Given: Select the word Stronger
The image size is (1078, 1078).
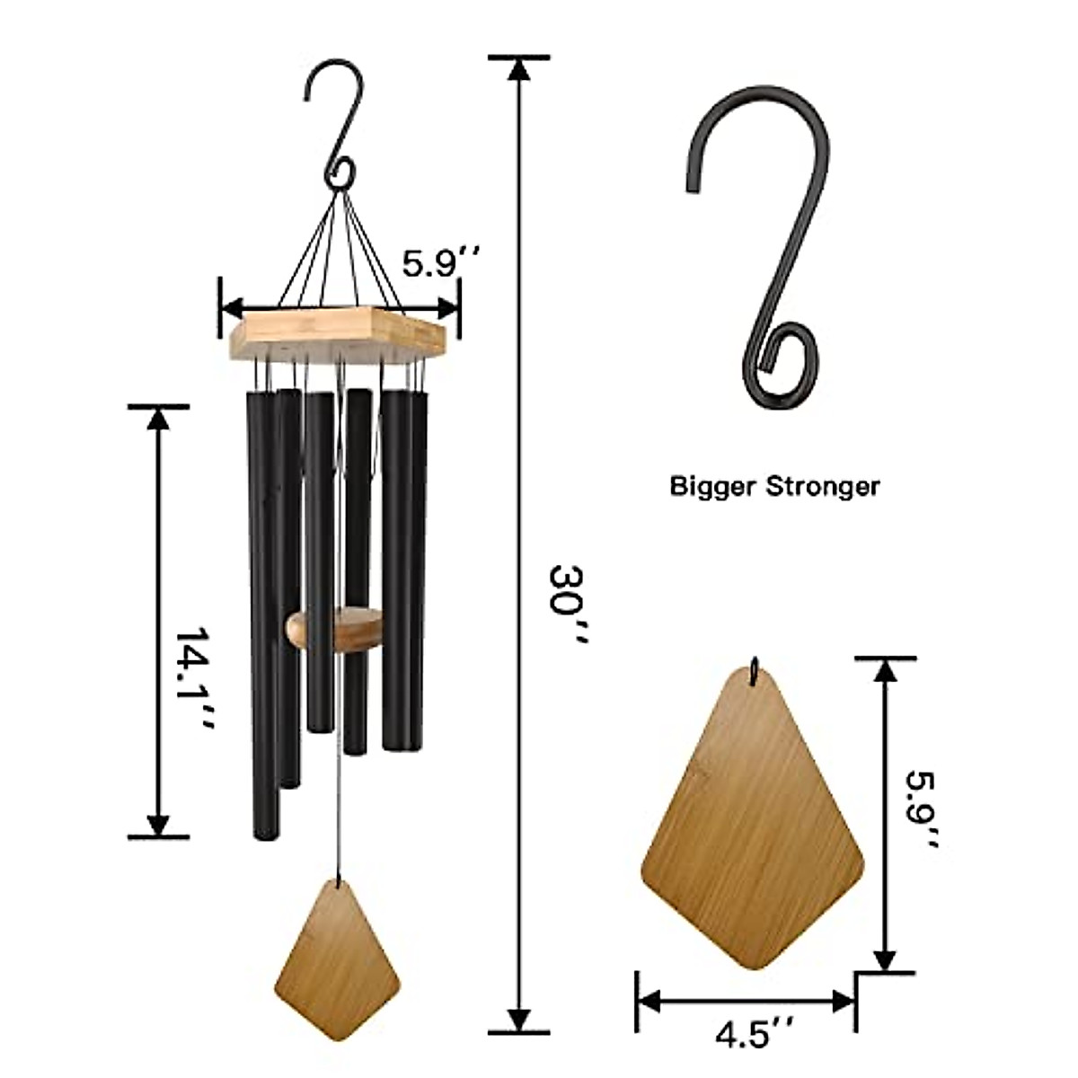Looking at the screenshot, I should click(822, 487).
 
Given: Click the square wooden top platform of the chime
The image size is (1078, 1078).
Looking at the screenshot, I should click(337, 330).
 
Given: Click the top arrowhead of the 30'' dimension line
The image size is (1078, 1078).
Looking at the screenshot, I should click(518, 69).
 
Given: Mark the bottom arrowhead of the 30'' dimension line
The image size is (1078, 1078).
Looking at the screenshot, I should click(518, 1020).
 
